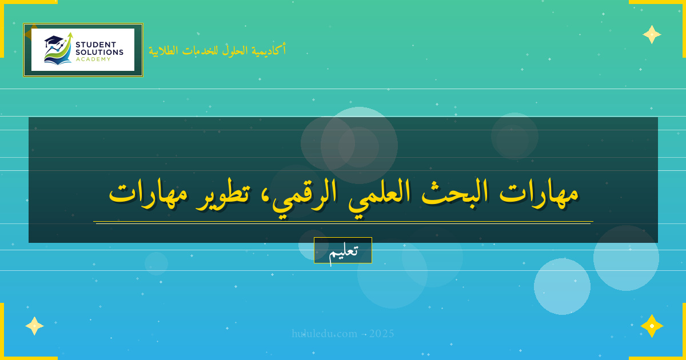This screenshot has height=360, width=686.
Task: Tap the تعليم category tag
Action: point(343,250)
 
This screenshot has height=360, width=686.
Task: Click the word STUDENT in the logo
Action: point(96,45)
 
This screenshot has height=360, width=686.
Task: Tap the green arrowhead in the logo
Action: point(70,35)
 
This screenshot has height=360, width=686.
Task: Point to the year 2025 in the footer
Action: point(381,334)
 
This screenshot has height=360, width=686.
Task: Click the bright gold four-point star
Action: point(652,326)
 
